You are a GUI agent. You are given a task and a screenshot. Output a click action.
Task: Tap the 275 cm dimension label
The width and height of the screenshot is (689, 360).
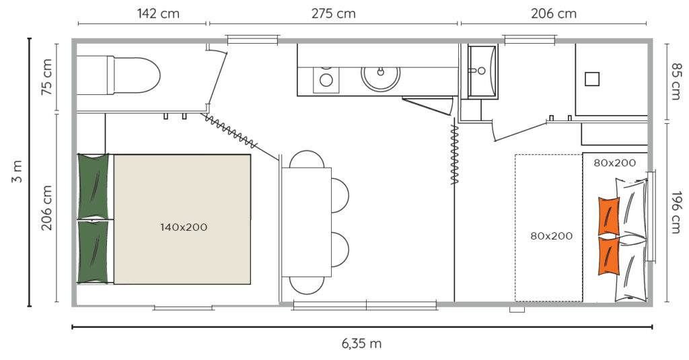tap(334, 13)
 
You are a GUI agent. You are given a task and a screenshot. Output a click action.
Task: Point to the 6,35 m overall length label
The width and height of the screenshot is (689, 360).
tap(361, 343)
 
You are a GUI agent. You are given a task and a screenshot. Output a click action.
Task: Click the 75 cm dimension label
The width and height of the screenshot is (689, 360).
tap(47, 77)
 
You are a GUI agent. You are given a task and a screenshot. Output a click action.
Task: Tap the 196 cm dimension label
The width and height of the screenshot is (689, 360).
tap(676, 212)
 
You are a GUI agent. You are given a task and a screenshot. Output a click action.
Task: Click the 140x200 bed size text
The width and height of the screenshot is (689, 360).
tap(184, 227)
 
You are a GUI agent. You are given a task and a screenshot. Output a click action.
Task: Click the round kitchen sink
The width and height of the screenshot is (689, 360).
tap(381, 77)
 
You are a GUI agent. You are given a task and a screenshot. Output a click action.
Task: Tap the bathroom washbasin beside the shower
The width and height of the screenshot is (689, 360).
tap(482, 71)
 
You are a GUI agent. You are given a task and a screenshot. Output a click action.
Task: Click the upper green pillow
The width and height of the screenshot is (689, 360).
tap(93, 186)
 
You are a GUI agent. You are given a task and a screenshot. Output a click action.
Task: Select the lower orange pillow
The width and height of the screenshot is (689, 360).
tap(608, 256)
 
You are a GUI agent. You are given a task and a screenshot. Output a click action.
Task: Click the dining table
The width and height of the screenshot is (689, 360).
tap(306, 222)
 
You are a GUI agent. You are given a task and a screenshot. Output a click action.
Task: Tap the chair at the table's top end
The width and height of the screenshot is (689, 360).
tap(307, 159)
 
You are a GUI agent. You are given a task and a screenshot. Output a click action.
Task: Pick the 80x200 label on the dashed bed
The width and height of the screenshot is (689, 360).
tap(552, 236)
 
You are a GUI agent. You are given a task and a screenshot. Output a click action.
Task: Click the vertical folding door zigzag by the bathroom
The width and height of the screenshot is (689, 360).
tap(455, 154)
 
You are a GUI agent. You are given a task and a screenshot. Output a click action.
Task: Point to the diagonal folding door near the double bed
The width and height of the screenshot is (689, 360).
tap(229, 131)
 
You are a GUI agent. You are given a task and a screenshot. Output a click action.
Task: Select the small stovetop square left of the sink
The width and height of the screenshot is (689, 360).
tap(326, 79)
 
